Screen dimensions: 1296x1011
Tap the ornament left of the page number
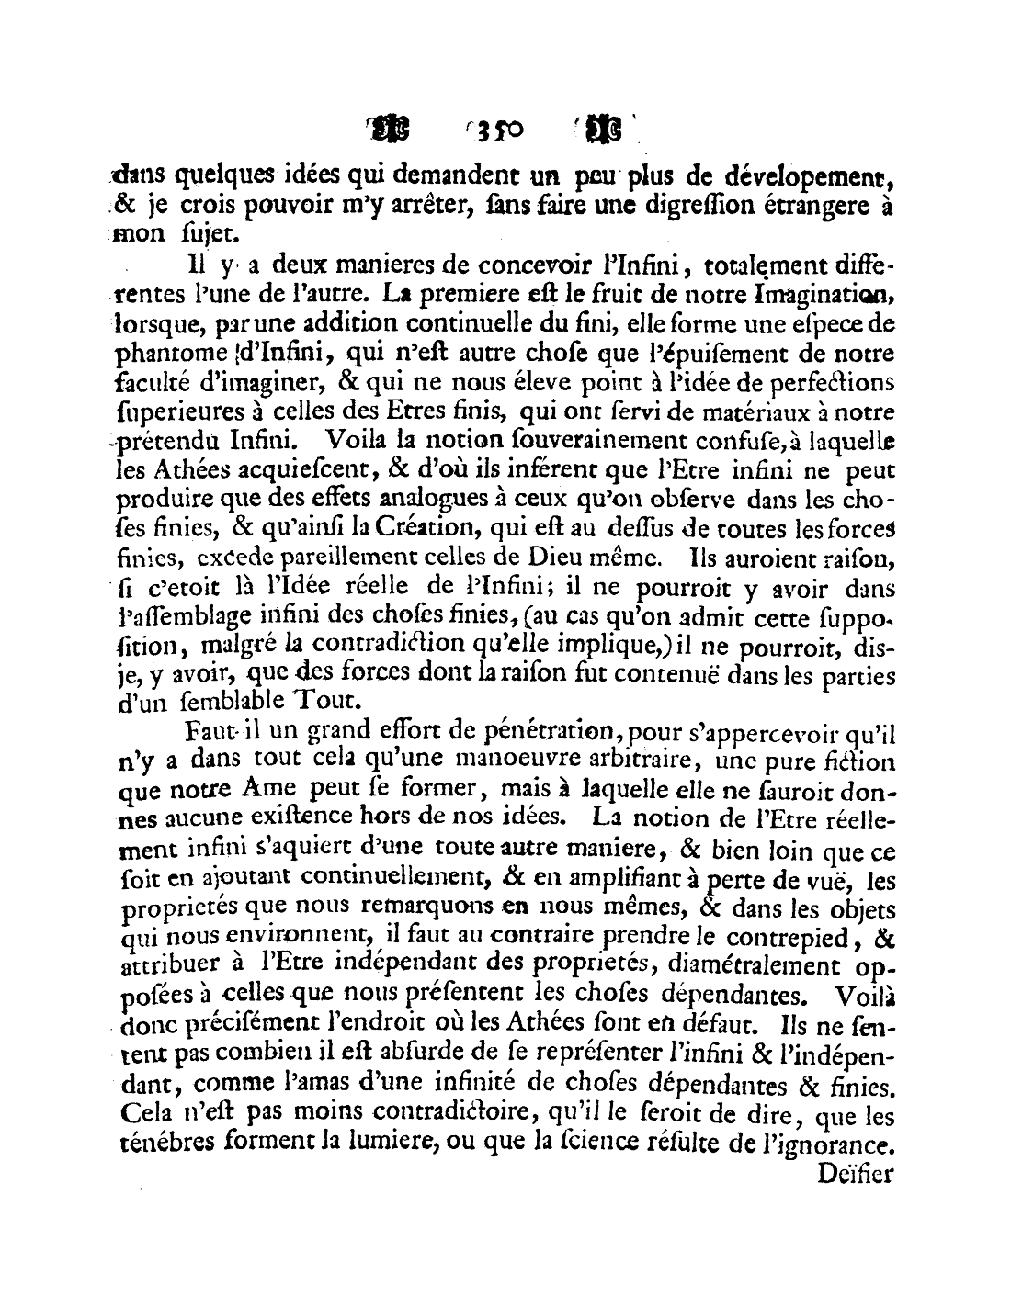coord(392,130)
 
